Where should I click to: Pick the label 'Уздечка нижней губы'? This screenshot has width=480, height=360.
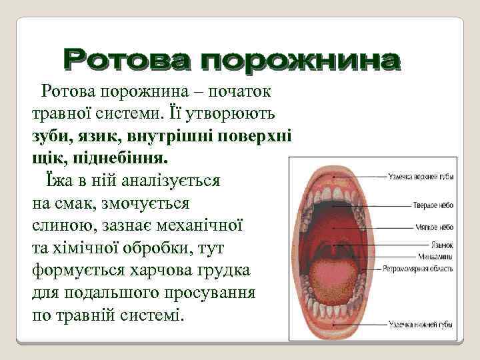click(421, 325)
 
